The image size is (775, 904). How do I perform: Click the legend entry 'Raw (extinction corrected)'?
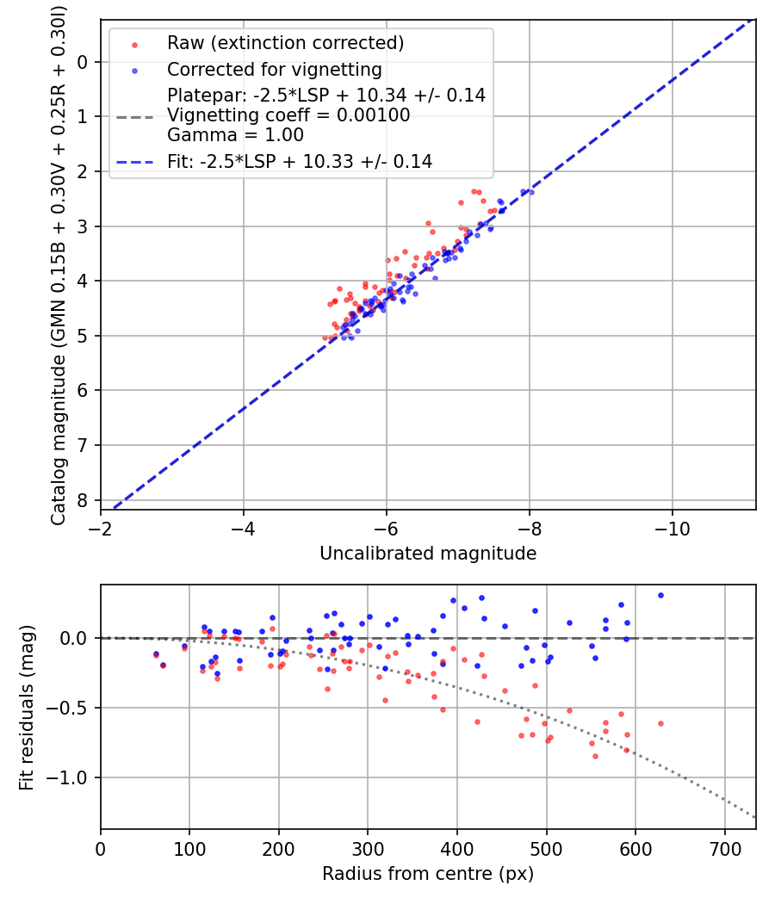click(285, 43)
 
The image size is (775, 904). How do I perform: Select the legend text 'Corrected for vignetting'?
click(274, 69)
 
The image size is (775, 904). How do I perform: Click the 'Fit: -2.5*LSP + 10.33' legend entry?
click(299, 161)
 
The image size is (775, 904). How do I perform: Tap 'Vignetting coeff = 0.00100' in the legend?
click(288, 115)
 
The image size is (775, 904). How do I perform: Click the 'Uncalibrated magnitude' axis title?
click(428, 554)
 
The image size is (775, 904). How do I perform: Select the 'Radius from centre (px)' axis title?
click(428, 874)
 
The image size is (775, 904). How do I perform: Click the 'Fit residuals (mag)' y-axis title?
click(27, 707)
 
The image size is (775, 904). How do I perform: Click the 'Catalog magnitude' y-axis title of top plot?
click(59, 263)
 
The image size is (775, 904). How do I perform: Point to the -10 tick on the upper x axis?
click(672, 529)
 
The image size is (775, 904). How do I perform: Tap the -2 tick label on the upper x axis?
click(101, 529)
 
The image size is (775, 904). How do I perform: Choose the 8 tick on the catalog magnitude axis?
click(83, 500)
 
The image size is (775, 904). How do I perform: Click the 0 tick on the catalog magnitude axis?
click(83, 62)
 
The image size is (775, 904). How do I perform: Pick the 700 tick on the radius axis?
click(724, 849)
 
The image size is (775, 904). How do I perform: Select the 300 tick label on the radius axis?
click(368, 849)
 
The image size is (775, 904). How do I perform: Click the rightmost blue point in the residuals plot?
click(660, 595)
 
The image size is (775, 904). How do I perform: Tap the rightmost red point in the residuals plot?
click(660, 723)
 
